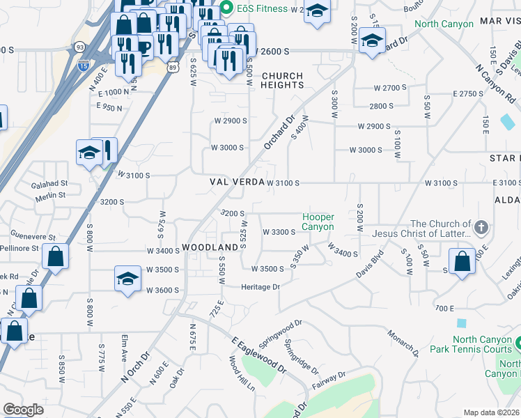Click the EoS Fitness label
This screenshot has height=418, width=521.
[262, 8]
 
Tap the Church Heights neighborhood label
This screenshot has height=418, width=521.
[282, 80]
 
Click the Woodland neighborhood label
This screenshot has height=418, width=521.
[210, 248]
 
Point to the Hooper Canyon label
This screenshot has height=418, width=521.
[318, 222]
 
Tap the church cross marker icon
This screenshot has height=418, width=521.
[481, 228]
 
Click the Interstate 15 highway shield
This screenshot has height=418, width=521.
[83, 65]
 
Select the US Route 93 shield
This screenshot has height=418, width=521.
[81, 47]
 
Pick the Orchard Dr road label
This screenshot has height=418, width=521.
[280, 132]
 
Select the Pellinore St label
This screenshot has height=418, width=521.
[20, 248]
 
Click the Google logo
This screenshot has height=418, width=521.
[23, 410]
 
